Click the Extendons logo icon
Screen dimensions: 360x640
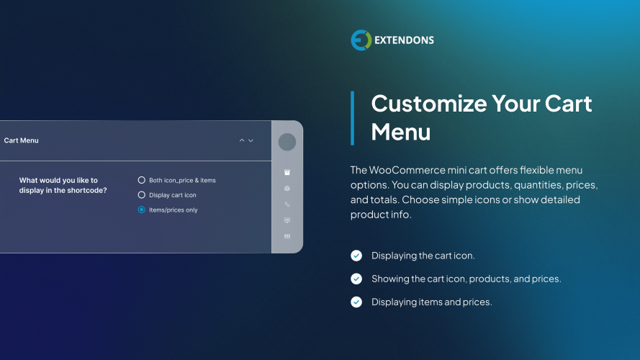tap(361, 40)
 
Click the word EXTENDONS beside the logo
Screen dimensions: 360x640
tap(404, 40)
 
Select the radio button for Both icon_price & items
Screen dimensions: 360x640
tap(142, 180)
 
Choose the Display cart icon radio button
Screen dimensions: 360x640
tap(142, 195)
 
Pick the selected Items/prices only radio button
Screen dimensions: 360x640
tap(142, 210)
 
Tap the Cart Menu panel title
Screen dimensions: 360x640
tap(22, 140)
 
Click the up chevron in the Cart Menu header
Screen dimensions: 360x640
tap(242, 140)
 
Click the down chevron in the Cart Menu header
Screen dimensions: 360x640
tap(251, 140)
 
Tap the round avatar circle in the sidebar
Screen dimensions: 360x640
tap(287, 142)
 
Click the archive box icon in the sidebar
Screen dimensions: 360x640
tap(287, 173)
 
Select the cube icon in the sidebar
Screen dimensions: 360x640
tap(287, 189)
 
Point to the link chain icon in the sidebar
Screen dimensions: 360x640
tap(287, 204)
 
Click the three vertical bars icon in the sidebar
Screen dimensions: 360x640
tap(287, 236)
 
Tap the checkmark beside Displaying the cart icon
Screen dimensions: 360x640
tap(356, 256)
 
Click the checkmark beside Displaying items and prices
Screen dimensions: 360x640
tap(356, 302)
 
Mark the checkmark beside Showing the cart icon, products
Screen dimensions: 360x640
tap(356, 279)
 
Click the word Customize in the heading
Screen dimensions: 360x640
tap(429, 104)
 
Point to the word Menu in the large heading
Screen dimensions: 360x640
tap(401, 132)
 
